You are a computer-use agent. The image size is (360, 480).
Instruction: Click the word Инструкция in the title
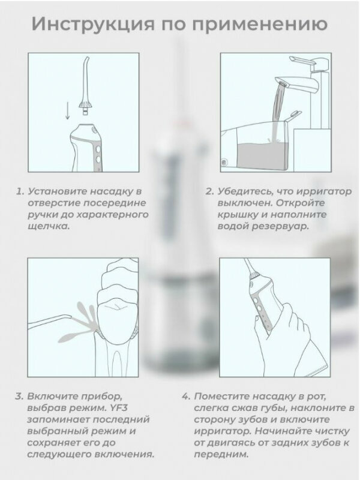click(x=93, y=23)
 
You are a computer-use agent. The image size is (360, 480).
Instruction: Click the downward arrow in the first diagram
click(x=68, y=111)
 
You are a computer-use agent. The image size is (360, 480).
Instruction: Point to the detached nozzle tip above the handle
click(x=85, y=85)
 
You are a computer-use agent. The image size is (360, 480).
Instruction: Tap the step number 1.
click(x=20, y=191)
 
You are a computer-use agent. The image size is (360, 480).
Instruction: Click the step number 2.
click(x=209, y=191)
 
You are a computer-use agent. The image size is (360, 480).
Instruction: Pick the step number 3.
click(x=19, y=397)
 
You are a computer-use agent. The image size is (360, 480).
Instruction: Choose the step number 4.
click(x=186, y=397)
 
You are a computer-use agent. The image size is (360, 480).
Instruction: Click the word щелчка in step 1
click(x=49, y=227)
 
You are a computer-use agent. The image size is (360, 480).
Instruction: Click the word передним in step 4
click(x=221, y=455)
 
